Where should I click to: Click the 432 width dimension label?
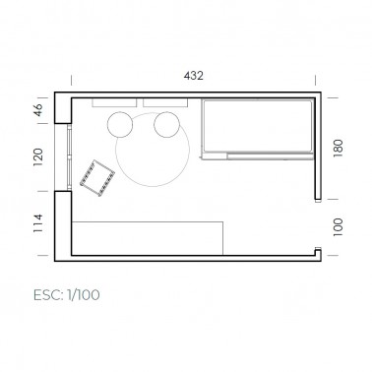(x=194, y=76)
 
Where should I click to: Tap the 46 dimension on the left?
(x=38, y=110)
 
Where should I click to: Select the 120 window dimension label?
(x=38, y=157)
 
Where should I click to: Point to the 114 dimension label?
(x=38, y=223)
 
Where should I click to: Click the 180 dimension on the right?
(x=338, y=149)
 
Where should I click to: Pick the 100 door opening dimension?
(x=338, y=227)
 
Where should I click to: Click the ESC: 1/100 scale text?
(x=67, y=295)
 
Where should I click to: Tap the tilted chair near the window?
(x=97, y=178)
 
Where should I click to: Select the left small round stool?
(x=120, y=124)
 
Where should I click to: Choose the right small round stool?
(x=167, y=124)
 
